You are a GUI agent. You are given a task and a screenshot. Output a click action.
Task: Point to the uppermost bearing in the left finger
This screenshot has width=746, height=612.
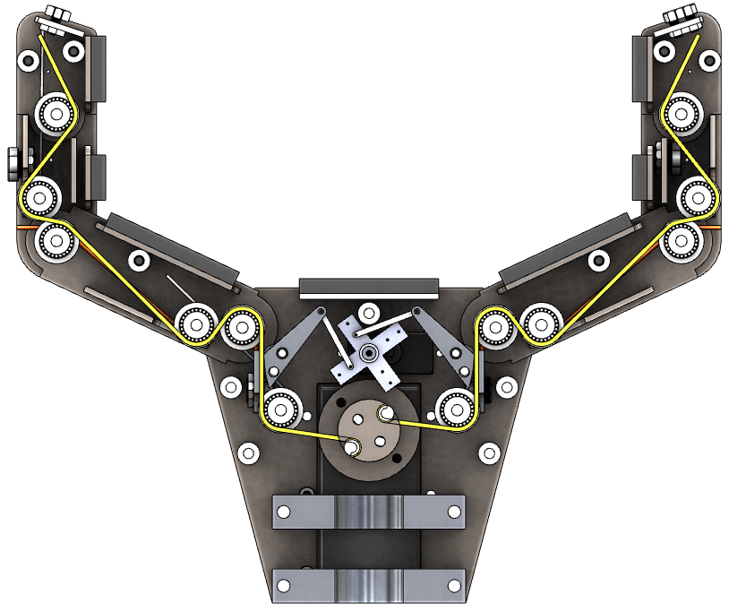[56, 114]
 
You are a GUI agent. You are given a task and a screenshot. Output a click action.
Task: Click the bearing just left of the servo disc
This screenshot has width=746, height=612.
[280, 409]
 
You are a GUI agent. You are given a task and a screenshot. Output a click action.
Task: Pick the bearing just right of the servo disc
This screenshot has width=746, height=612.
[454, 409]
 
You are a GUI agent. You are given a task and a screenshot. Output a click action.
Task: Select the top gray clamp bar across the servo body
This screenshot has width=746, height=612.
[368, 513]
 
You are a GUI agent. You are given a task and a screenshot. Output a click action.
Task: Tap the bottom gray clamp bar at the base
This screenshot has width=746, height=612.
[368, 587]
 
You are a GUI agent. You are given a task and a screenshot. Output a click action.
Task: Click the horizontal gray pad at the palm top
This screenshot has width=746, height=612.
[369, 288]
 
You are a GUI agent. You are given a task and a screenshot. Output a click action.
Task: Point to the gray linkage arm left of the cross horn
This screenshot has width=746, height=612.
[296, 345]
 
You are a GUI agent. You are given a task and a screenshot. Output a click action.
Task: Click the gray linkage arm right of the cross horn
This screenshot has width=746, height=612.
[442, 345]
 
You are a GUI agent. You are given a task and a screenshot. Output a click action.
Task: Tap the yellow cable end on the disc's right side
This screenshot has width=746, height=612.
[386, 413]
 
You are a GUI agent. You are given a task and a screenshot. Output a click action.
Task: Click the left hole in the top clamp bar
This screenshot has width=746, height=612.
[284, 513]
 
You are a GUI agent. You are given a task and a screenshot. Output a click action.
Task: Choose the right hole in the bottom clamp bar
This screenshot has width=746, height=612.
[453, 587]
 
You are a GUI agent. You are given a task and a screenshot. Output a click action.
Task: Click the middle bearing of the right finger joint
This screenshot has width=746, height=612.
[695, 195]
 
